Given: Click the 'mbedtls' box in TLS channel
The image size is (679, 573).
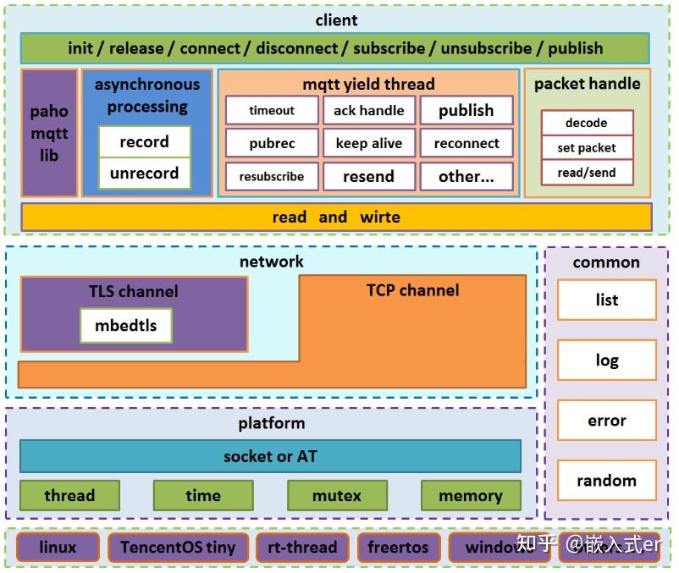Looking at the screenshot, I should [126, 326].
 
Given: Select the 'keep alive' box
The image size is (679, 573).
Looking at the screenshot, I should [368, 143].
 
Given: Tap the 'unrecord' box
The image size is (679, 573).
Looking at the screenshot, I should [144, 174].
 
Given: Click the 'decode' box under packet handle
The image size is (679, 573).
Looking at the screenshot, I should [587, 123].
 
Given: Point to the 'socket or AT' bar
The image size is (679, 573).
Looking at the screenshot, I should [270, 456].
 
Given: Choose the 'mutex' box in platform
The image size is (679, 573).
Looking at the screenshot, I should [337, 496].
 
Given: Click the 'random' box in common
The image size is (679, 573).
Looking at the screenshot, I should [606, 481].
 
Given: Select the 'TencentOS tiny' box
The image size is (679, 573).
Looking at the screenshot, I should [178, 548].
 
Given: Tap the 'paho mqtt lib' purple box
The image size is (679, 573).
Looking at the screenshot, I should [49, 133].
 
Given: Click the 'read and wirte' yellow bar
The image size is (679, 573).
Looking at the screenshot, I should [336, 218].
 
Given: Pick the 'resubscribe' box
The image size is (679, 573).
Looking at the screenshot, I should [272, 177].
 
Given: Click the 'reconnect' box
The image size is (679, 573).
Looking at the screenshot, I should [466, 143].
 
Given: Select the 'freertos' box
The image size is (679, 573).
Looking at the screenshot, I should [399, 548].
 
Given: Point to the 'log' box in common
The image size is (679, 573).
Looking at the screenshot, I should [606, 361].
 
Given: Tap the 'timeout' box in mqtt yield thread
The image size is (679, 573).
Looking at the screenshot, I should [272, 110].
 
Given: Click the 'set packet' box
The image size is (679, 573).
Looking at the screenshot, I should [587, 148].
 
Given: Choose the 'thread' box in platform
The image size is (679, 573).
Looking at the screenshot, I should [69, 496].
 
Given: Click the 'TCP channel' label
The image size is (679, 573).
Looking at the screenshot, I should [412, 290].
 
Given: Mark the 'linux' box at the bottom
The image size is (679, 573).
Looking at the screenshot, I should [58, 548].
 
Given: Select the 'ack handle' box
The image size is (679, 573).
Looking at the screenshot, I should [368, 110].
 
